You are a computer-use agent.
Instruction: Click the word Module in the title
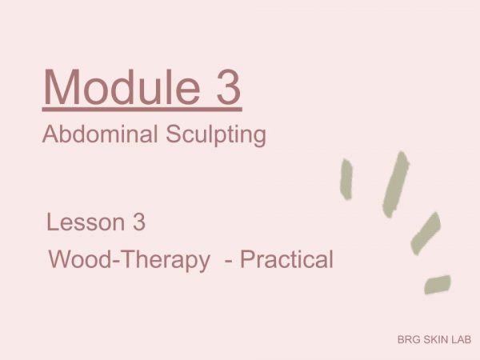pos(122,86)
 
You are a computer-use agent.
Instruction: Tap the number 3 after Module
pos(228,87)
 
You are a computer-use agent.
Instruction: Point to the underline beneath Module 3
pos(142,109)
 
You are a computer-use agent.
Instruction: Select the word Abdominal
pos(100,134)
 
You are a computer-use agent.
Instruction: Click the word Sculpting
pos(216,135)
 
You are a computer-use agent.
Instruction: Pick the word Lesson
pos(86,222)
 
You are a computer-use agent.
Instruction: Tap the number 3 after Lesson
pos(139,222)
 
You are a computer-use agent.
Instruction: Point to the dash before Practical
pos(228,262)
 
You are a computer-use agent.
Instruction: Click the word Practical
pos(286,259)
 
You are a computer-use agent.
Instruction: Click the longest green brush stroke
pos(396,185)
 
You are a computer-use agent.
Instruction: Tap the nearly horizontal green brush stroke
pos(438,284)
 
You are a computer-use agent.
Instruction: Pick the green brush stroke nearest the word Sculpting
pos(346,179)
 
